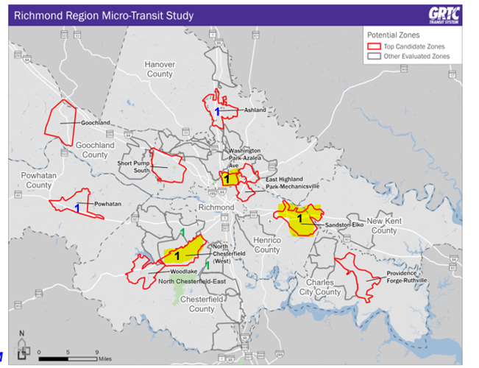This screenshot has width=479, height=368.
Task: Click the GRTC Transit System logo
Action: [x=444, y=15]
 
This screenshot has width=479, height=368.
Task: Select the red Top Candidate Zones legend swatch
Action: [x=374, y=46]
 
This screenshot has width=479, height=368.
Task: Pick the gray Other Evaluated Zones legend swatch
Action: [x=374, y=56]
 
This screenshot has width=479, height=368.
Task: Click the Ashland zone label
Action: [x=255, y=110]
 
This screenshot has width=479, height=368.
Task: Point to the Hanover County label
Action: [x=159, y=69]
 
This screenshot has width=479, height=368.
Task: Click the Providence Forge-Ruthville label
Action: [x=406, y=277]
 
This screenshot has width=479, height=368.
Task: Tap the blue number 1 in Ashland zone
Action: [x=217, y=110]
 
